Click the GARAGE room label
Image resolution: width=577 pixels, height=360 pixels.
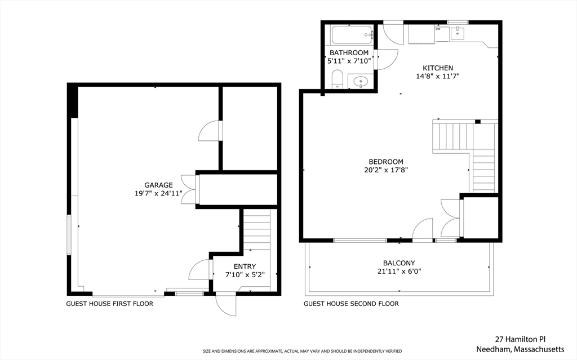click(x=158, y=185)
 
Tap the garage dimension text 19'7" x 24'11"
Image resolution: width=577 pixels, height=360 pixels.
click(x=158, y=193)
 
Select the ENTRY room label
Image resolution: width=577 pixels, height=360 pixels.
click(x=245, y=266)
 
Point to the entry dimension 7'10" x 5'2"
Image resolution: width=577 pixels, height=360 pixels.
click(x=245, y=275)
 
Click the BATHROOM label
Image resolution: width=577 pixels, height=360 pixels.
click(x=349, y=53)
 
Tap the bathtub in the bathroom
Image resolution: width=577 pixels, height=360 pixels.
click(x=352, y=35)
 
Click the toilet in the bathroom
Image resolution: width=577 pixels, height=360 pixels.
click(x=337, y=79)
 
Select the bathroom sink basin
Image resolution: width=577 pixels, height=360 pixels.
click(x=360, y=82)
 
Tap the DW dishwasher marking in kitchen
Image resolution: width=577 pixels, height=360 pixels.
click(x=438, y=29)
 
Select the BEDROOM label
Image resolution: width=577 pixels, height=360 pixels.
click(x=386, y=162)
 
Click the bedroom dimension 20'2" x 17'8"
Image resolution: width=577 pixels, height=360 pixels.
click(x=386, y=170)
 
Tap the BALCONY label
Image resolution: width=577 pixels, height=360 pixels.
click(x=399, y=263)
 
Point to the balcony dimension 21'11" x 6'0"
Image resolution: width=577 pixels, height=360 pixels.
click(x=399, y=272)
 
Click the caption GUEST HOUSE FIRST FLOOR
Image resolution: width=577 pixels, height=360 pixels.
click(x=110, y=304)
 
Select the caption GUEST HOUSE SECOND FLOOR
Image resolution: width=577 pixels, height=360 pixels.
click(x=351, y=304)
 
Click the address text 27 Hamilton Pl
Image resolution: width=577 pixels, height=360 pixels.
click(x=521, y=339)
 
